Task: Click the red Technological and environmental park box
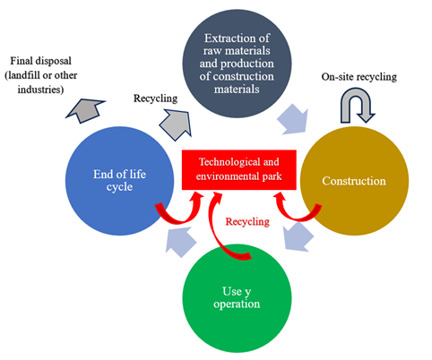(x=239, y=169)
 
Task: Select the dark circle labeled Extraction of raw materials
(x=237, y=64)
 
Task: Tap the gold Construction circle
(x=354, y=181)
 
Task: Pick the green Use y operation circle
(x=237, y=298)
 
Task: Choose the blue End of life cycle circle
(x=120, y=181)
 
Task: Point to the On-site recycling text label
(x=359, y=77)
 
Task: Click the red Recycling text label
(x=247, y=221)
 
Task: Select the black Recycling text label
(x=155, y=99)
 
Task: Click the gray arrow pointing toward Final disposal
(x=85, y=110)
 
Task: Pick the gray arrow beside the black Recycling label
(x=177, y=124)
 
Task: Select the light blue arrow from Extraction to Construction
(x=293, y=119)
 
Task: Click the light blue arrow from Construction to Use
(x=298, y=236)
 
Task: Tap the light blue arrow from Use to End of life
(x=181, y=242)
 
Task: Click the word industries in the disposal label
(x=40, y=90)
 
